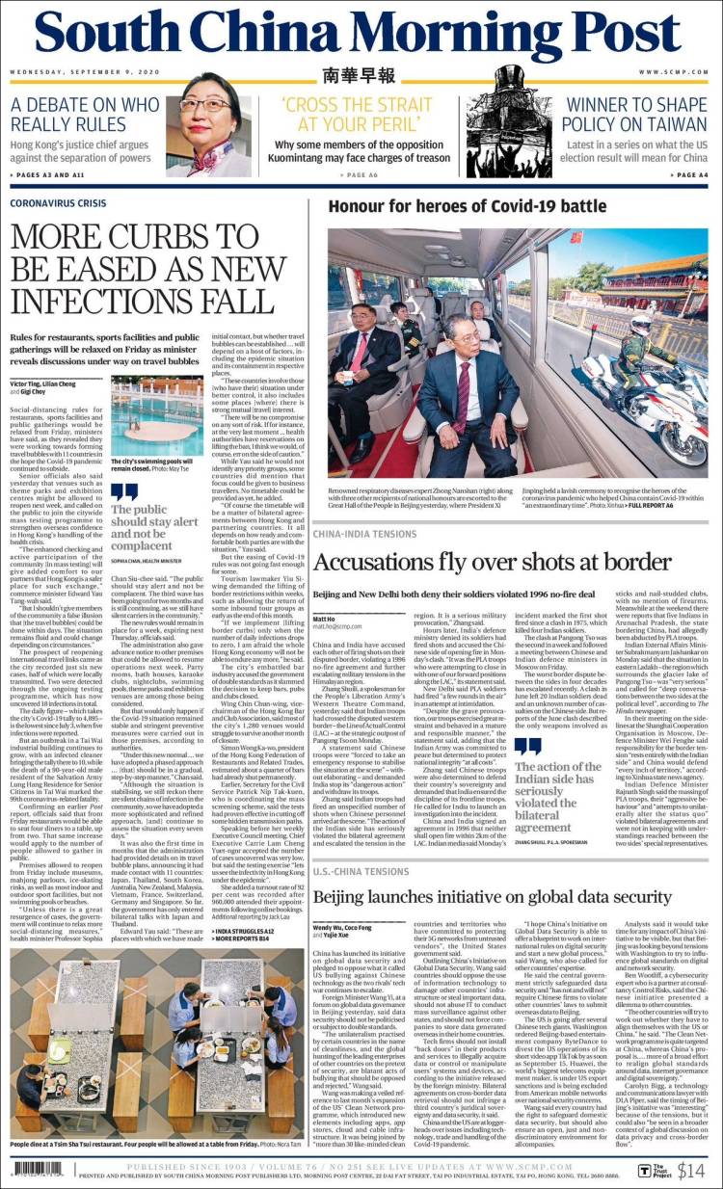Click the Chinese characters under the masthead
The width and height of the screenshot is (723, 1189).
tap(360, 76)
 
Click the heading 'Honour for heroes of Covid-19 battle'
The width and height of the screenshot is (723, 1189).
tap(468, 205)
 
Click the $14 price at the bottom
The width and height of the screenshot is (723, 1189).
tap(690, 1171)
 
